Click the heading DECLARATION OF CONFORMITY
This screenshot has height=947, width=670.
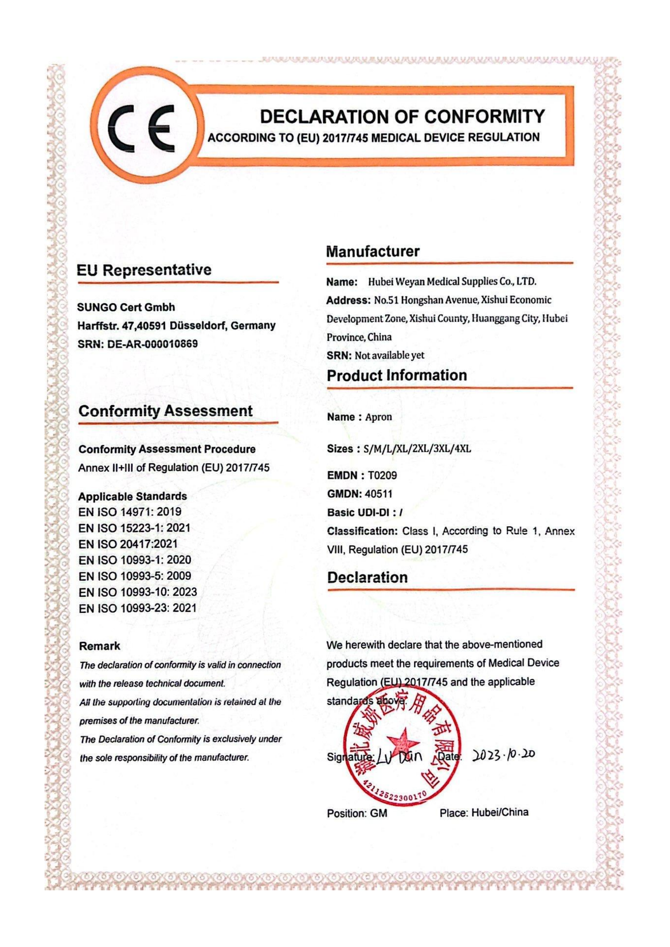402,117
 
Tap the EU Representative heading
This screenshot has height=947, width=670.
144,270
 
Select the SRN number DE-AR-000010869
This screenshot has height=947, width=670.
152,344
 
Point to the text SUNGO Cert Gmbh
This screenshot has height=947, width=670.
126,307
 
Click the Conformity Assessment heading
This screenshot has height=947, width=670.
165,411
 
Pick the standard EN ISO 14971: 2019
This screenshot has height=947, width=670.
130,512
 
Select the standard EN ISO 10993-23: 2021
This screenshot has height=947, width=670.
138,608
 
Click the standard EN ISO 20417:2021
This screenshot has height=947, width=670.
128,544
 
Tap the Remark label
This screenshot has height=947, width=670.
99,646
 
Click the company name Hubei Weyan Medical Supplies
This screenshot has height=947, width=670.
452,282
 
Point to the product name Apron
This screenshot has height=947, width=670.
378,417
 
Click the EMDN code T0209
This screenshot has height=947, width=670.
382,476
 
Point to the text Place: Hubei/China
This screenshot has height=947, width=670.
484,813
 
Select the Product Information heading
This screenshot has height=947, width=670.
397,375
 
